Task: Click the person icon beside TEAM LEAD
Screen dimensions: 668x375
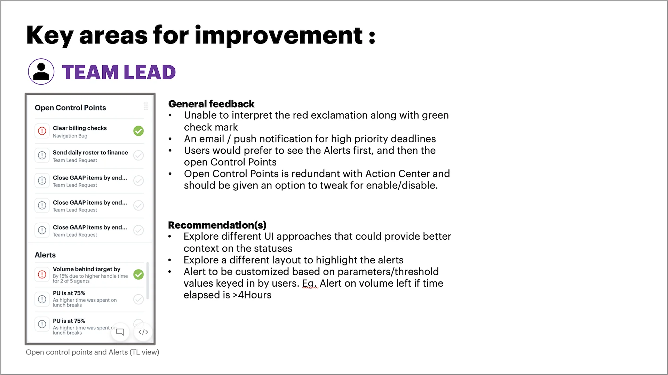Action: [41, 72]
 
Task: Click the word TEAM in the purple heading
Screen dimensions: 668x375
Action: [90, 72]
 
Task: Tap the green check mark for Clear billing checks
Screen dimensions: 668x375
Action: [138, 131]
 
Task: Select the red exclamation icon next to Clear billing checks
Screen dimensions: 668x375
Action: [42, 131]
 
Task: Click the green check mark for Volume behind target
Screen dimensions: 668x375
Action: [138, 274]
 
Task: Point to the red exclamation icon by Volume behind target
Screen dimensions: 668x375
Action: [42, 274]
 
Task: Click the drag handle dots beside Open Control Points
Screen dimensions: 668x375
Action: [146, 106]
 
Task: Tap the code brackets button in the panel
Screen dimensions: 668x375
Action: [143, 332]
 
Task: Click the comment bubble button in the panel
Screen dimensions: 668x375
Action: [120, 332]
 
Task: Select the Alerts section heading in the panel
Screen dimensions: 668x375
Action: [45, 255]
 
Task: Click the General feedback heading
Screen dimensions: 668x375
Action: [211, 104]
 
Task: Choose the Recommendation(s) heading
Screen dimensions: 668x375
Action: [217, 225]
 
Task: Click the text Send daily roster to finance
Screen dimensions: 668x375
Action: [90, 152]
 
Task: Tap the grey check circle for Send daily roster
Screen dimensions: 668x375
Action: [138, 155]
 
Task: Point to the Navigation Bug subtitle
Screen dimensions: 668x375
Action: [70, 136]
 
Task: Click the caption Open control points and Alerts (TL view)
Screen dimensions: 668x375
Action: [93, 352]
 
